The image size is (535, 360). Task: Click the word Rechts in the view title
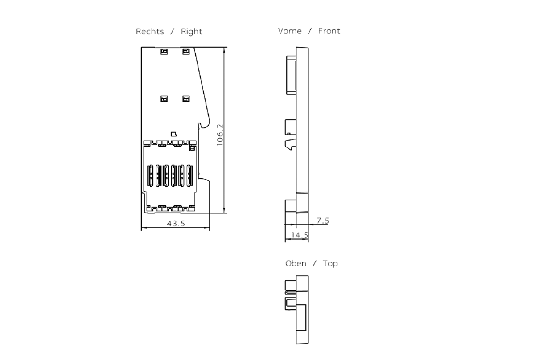click(149, 32)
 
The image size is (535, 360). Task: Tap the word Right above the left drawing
click(191, 32)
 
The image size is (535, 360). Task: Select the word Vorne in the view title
click(290, 31)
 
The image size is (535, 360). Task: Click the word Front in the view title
click(329, 31)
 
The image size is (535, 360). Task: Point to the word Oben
click(296, 264)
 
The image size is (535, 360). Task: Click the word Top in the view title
click(330, 264)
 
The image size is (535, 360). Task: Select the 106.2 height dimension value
click(220, 135)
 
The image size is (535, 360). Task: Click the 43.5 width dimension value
click(176, 224)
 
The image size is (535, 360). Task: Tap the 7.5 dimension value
click(323, 221)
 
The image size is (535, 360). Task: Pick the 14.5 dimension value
click(299, 235)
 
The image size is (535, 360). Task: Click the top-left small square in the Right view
click(164, 52)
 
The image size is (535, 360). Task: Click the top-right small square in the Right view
click(186, 52)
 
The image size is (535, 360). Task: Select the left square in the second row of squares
click(164, 99)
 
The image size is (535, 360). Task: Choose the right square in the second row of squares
click(186, 99)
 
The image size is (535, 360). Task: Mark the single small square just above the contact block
click(174, 133)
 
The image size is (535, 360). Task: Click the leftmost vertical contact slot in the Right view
click(149, 174)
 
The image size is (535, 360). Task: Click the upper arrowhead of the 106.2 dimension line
click(224, 49)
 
